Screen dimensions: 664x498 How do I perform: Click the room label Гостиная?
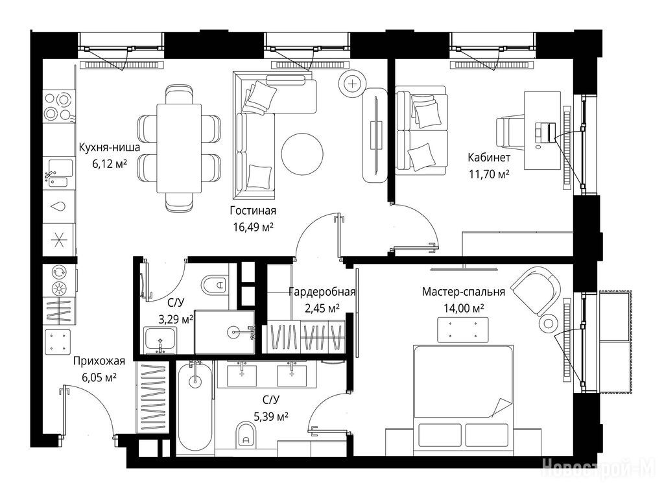click(x=253, y=211)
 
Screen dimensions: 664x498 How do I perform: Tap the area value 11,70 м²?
click(x=489, y=174)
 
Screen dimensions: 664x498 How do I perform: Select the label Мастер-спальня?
click(x=463, y=292)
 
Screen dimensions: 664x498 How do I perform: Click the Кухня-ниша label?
click(x=110, y=147)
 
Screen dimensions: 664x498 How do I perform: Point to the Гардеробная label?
click(x=322, y=292)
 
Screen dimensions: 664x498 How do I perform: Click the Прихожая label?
click(x=99, y=361)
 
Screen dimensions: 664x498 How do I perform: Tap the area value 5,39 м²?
click(x=270, y=417)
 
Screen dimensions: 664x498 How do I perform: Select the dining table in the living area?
click(x=179, y=148)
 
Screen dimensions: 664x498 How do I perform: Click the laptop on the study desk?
click(x=543, y=132)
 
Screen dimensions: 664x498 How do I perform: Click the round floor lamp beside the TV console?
click(x=353, y=84)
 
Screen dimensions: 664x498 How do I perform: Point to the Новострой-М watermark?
click(x=599, y=468)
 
